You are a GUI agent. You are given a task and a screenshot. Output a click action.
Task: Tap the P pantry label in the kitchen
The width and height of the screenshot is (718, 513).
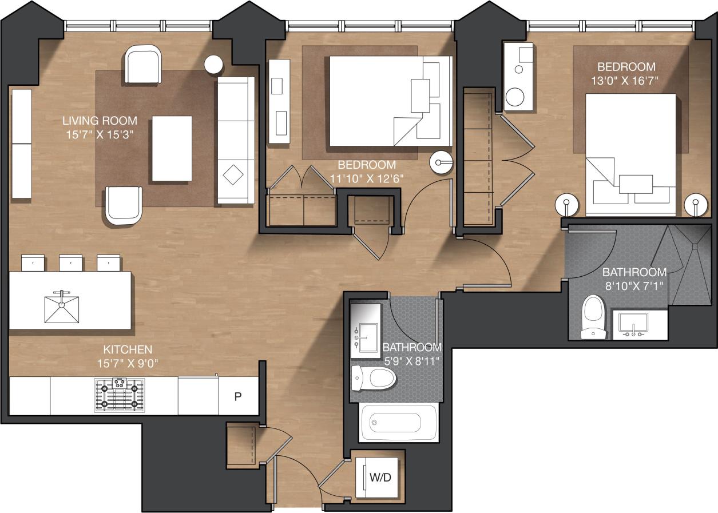(x=237, y=396)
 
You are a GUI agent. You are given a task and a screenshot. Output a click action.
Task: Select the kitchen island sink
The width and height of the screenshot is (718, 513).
(x=61, y=307)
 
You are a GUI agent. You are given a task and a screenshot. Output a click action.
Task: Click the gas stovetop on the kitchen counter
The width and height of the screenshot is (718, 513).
(x=119, y=395)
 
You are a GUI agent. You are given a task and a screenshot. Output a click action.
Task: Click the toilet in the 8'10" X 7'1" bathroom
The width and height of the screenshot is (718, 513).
(x=593, y=317)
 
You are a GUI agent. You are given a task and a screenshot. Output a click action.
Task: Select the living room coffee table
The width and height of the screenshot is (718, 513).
(x=172, y=148)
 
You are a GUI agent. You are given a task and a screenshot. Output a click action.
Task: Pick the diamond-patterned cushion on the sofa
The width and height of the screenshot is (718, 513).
(x=233, y=174)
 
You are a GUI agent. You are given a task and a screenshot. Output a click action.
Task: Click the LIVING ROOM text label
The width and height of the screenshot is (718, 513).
(x=100, y=121)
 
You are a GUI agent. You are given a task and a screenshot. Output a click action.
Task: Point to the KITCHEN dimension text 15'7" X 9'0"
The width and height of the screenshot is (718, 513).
(x=127, y=362)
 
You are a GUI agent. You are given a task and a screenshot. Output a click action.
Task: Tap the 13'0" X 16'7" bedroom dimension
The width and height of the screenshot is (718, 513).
(x=625, y=81)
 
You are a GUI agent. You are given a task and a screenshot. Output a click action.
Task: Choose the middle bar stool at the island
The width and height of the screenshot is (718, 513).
(x=70, y=263)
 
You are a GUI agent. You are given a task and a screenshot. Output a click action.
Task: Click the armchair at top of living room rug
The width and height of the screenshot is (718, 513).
(x=143, y=64)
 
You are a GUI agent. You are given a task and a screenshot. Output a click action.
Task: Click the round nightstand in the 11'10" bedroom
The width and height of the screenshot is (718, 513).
(x=441, y=162)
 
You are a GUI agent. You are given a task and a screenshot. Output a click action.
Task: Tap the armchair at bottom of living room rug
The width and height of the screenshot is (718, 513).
(x=123, y=205)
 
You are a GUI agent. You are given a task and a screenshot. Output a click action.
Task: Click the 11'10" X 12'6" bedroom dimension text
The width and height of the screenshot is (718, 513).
(x=367, y=178)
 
